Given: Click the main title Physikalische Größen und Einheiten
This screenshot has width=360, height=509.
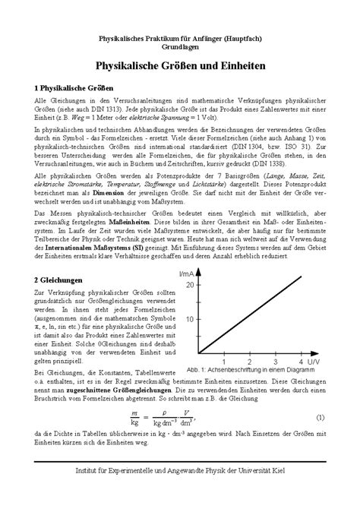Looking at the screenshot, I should pos(180,68).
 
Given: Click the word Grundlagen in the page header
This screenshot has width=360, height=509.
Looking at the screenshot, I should pos(180,48).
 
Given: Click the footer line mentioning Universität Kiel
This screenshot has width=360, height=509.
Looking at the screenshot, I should pos(180,494).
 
